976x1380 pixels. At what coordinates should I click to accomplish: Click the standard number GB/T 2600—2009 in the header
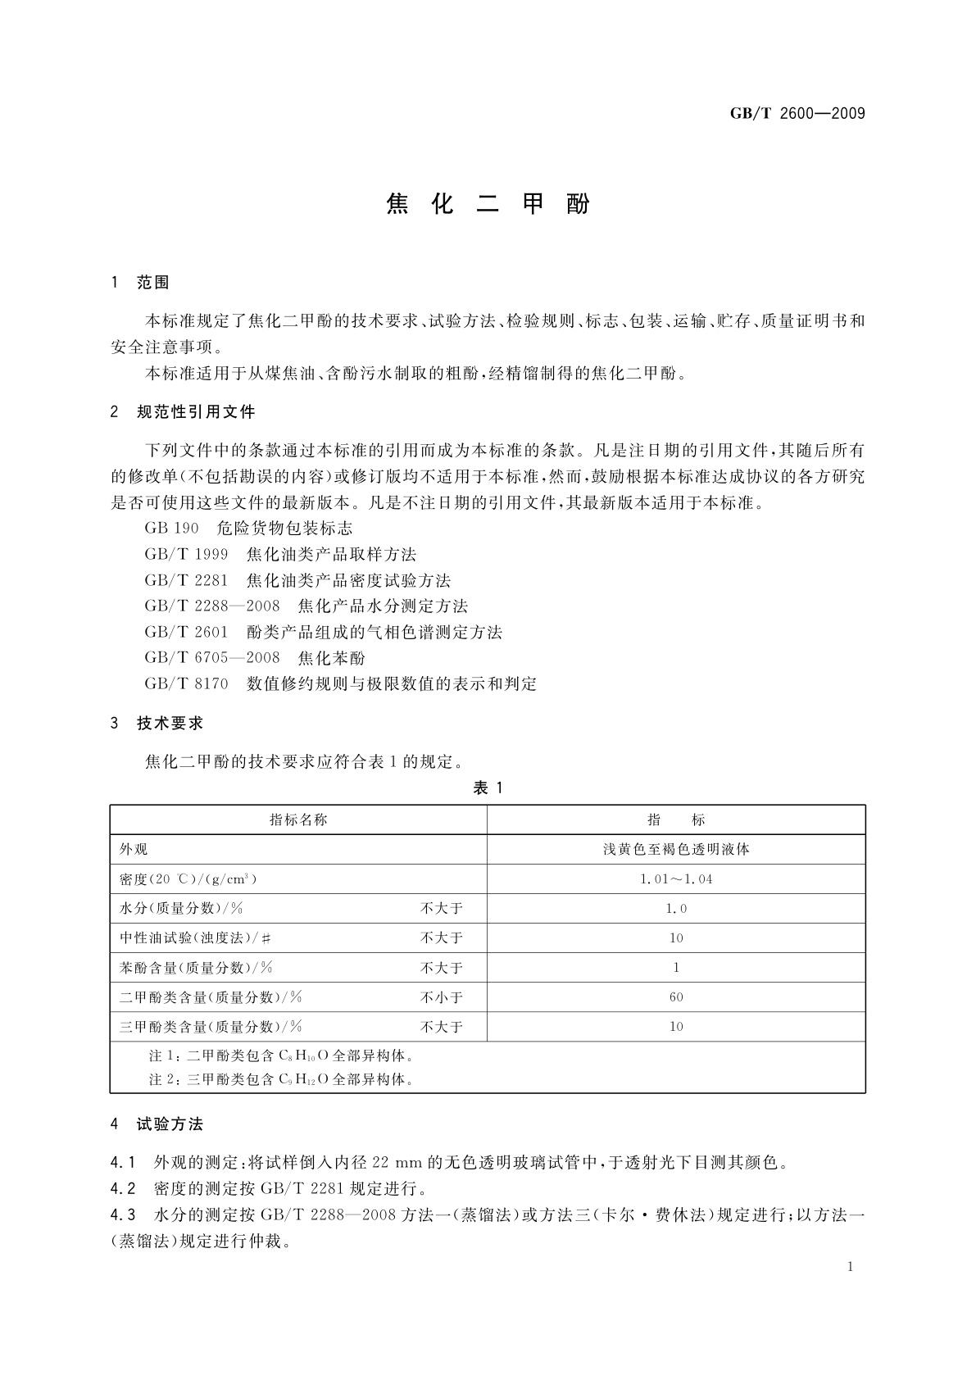coord(797,114)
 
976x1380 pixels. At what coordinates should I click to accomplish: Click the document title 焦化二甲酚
coord(488,204)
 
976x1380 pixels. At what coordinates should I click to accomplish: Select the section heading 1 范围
coord(140,283)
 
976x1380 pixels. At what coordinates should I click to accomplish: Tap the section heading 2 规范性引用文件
coord(183,412)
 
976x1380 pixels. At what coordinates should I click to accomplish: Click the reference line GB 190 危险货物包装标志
coord(248,528)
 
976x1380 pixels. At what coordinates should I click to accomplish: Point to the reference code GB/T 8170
coord(186,683)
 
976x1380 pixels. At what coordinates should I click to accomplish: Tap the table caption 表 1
coord(488,788)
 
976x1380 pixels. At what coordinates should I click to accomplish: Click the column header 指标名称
coord(298,819)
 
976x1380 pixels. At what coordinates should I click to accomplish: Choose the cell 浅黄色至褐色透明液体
coord(676,850)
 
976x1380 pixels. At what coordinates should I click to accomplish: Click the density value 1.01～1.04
coord(676,879)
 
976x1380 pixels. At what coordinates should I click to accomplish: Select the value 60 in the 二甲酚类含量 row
coord(676,997)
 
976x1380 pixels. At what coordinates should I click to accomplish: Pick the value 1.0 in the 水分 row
coord(676,909)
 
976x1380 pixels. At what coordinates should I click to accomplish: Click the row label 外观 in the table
coord(134,850)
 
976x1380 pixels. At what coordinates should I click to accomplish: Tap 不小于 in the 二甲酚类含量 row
coord(442,997)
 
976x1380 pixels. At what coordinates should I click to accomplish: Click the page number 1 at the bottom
coord(850,1267)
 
